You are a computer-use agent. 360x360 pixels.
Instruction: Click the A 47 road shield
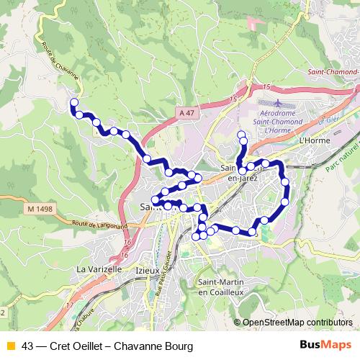pyautogui.click(x=186, y=112)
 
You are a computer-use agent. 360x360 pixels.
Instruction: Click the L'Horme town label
pyautogui.click(x=312, y=140)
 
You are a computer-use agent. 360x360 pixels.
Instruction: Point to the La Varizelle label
pyautogui.click(x=97, y=269)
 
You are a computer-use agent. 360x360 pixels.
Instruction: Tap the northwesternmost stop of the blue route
pyautogui.click(x=73, y=103)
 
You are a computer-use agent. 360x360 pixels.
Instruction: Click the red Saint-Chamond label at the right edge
pyautogui.click(x=333, y=72)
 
